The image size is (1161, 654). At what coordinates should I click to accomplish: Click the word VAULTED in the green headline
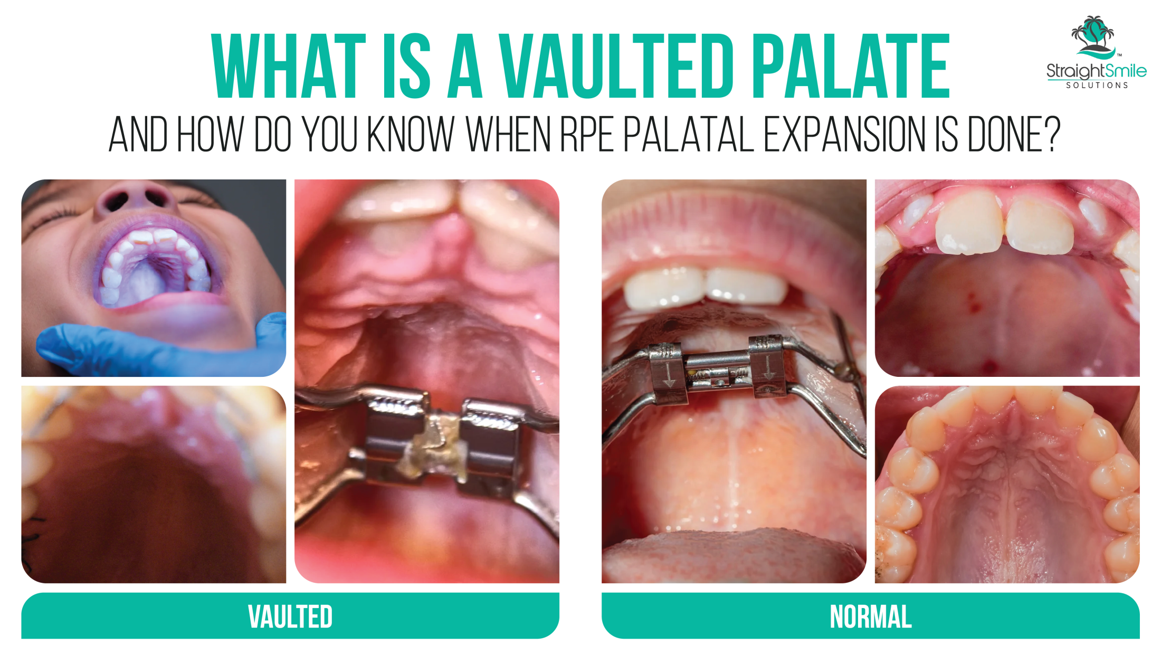617,66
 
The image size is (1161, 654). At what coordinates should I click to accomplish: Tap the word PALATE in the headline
851,66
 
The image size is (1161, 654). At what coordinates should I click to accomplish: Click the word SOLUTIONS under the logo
1097,85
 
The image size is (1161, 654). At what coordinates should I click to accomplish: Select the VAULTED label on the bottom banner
290,616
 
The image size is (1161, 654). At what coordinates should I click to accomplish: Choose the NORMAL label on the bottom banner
871,616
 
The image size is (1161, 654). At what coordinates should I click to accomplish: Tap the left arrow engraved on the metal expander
669,375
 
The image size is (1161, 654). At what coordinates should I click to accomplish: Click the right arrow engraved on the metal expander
768,367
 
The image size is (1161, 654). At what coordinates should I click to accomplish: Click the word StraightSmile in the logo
1097,71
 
